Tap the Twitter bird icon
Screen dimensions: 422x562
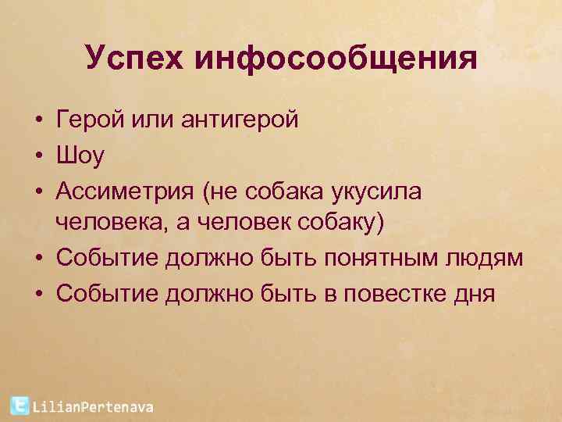pyautogui.click(x=19, y=405)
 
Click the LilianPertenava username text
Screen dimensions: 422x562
pyautogui.click(x=93, y=406)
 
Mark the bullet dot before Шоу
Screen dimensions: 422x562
pyautogui.click(x=37, y=156)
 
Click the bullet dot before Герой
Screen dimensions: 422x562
pyautogui.click(x=37, y=120)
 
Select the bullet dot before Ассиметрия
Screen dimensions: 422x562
pyautogui.click(x=37, y=192)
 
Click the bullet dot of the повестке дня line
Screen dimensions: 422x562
pyautogui.click(x=37, y=295)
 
